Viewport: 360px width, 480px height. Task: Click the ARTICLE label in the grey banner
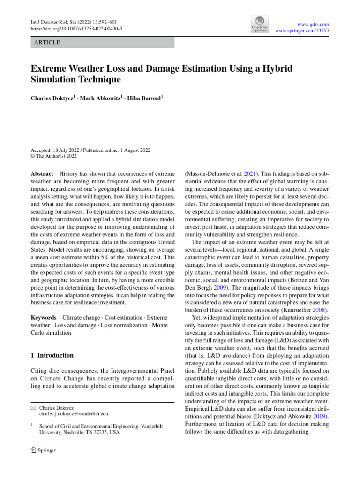click(47, 42)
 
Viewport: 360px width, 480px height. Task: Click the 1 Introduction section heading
click(52, 355)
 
